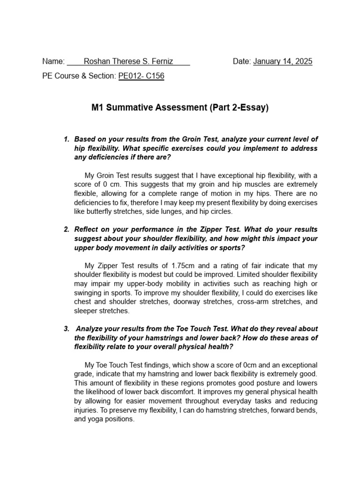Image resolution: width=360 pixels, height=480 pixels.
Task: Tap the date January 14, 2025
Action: click(x=283, y=61)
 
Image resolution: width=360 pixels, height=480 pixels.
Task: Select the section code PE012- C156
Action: click(x=141, y=75)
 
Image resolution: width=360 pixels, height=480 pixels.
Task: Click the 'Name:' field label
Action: click(x=53, y=61)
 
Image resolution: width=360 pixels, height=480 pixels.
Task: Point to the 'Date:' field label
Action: click(x=242, y=61)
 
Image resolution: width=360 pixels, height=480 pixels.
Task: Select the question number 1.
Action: click(x=66, y=139)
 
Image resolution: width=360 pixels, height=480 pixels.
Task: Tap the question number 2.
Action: click(x=66, y=229)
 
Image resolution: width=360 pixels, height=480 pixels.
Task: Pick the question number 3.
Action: click(x=66, y=329)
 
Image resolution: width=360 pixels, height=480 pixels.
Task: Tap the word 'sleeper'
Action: click(x=87, y=310)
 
